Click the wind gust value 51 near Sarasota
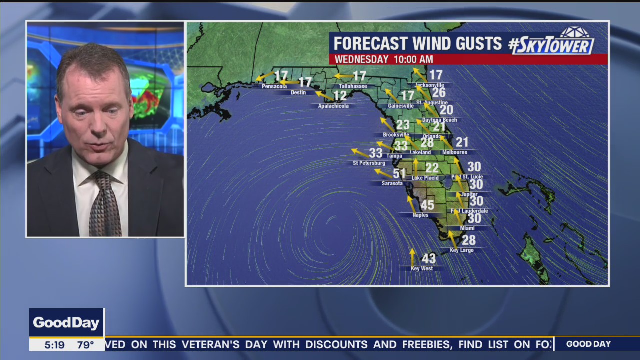click(x=399, y=174)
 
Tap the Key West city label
click(x=421, y=269)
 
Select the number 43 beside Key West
click(x=429, y=259)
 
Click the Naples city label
click(x=420, y=215)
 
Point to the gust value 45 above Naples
click(x=427, y=205)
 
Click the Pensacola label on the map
click(x=274, y=87)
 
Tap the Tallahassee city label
click(x=353, y=87)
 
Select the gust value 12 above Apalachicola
click(x=340, y=96)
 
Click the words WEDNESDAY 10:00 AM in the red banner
click(x=383, y=60)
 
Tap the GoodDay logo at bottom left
click(x=66, y=323)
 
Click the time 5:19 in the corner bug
click(x=54, y=345)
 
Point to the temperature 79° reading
click(x=85, y=345)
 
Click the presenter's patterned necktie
click(x=104, y=205)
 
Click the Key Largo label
click(x=461, y=250)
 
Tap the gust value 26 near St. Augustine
click(x=439, y=93)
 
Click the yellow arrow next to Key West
click(x=412, y=257)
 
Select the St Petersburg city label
click(x=369, y=163)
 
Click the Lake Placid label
click(x=425, y=178)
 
